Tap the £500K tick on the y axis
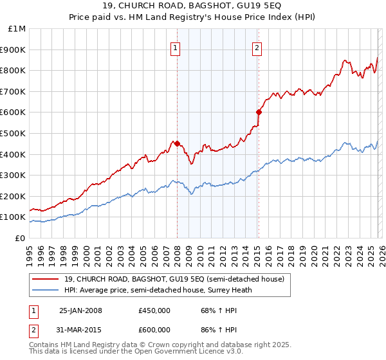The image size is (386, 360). (14, 133)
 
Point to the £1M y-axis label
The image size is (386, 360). (16, 28)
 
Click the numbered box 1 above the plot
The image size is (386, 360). (176, 47)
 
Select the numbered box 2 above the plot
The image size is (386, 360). (257, 47)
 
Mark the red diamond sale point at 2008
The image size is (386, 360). (177, 143)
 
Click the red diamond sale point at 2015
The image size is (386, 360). (259, 112)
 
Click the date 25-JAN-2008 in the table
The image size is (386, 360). (80, 310)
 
